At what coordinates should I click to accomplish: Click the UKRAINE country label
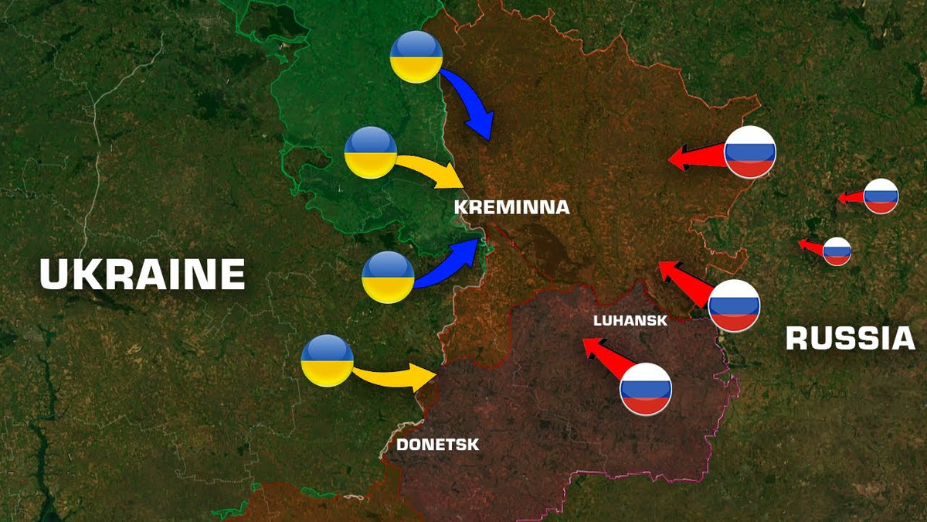point(142,275)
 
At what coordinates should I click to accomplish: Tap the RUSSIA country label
point(850,339)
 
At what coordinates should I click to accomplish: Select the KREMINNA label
point(511,207)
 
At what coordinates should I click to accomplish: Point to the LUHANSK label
point(630,320)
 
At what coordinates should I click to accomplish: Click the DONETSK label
point(437,445)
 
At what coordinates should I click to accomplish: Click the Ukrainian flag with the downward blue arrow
point(416,57)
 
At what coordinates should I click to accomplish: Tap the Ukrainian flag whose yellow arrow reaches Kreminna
point(371,153)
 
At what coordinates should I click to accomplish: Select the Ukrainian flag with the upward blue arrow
point(388,277)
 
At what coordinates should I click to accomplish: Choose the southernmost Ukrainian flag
point(328,360)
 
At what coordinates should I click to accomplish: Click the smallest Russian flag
point(837,251)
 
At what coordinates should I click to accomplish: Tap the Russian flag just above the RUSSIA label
point(734,305)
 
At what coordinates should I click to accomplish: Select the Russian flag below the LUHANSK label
point(647,388)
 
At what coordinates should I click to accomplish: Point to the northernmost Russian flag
point(749,152)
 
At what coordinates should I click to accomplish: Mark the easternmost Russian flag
point(881,196)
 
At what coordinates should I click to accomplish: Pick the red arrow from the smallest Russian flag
point(810,247)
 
